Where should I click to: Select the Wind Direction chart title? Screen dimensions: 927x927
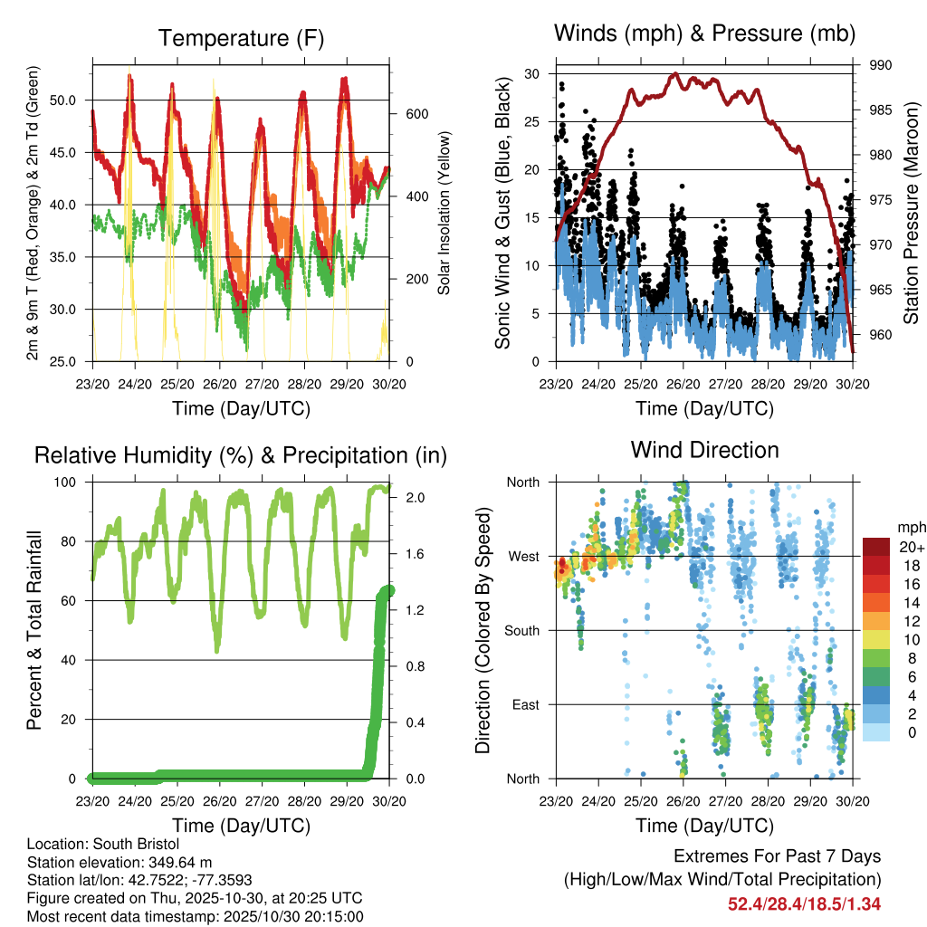704,449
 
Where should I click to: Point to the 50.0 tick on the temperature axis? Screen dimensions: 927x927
72,100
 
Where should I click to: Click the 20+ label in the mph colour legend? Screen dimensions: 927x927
910,547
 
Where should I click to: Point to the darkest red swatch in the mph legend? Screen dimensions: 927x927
875,547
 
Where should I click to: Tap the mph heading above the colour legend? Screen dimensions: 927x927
910,527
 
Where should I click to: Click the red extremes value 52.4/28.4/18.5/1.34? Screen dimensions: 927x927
804,903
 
